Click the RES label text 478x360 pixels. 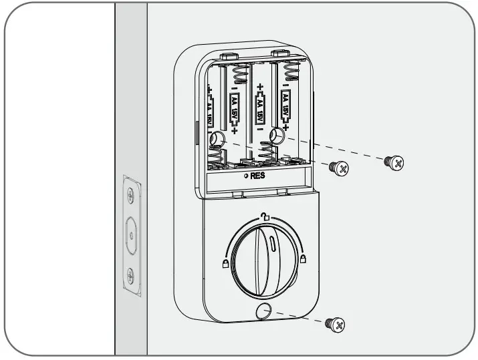coord(258,176)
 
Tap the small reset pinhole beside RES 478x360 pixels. coord(246,176)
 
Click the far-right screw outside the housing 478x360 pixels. coord(394,162)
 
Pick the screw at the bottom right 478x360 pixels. coord(337,325)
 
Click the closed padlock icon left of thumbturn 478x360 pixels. coord(224,264)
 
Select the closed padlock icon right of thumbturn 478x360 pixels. coord(303,258)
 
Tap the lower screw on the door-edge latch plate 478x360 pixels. coord(132,275)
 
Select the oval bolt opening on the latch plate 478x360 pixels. coord(132,235)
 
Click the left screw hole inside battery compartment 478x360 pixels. coord(217,139)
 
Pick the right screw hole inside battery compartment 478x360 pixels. coord(275,136)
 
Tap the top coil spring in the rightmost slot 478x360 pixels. coord(291,71)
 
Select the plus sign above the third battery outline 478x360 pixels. coord(260,87)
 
